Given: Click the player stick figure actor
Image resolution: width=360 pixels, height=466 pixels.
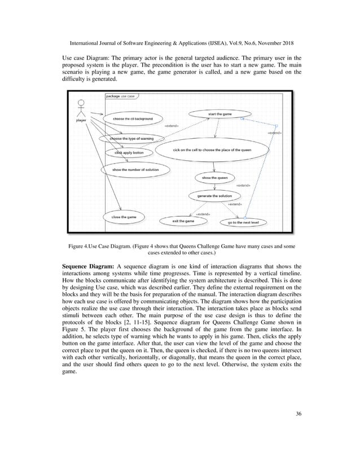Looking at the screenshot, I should [x=80, y=108].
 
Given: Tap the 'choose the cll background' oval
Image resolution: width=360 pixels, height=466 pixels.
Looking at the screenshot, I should [x=133, y=119].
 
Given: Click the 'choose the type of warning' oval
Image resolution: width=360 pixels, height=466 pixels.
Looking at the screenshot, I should [x=131, y=138].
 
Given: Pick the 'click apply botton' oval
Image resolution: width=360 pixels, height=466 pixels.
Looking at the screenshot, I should [x=129, y=152].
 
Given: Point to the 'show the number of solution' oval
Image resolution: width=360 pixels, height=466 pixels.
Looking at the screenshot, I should [x=135, y=169].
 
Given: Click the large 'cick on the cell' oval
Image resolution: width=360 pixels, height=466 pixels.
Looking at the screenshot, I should [x=212, y=150].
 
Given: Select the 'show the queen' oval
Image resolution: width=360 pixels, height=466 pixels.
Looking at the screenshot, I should [x=214, y=178].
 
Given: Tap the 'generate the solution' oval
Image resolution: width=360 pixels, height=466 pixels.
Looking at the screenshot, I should [x=214, y=195].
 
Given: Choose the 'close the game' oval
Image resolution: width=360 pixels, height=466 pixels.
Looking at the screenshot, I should [x=124, y=216].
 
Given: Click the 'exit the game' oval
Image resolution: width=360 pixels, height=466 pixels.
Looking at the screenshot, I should [x=183, y=221].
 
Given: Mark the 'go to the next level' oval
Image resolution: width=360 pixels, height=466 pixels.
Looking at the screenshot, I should [x=243, y=223].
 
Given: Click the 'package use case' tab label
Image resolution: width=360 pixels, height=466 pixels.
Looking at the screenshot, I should [x=120, y=96].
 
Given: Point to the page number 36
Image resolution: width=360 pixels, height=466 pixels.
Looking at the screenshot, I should [x=298, y=414].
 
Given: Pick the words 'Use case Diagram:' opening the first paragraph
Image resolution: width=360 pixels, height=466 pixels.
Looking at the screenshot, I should [x=83, y=58].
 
